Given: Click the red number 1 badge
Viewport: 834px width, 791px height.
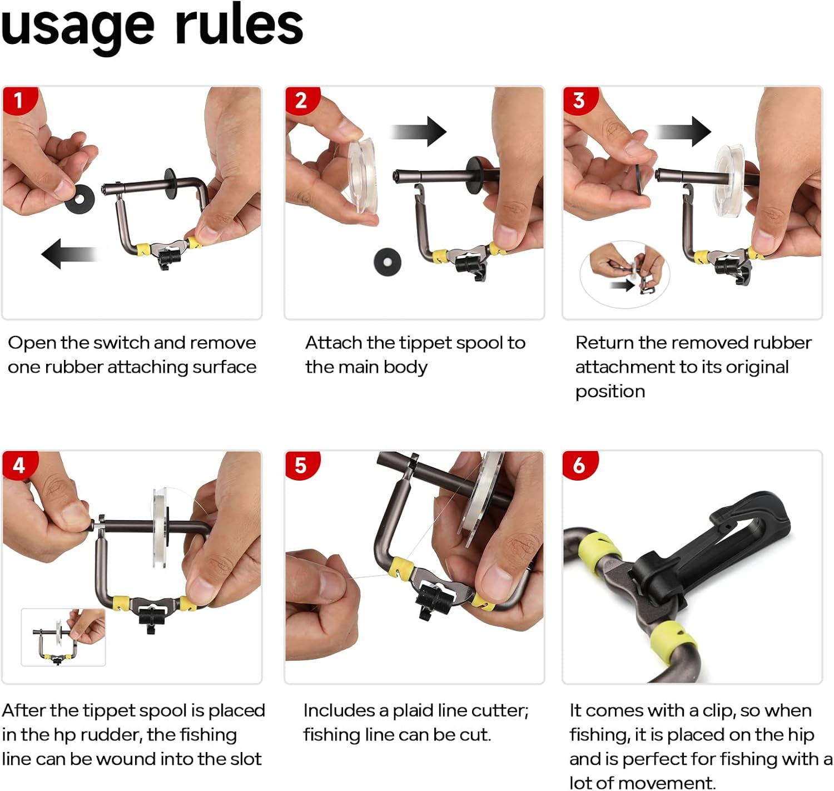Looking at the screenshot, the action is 19,100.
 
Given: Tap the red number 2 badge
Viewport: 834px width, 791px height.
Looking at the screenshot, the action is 301,100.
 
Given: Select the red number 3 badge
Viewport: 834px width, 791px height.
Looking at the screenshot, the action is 580,100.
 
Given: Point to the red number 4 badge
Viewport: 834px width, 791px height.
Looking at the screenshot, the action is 19,465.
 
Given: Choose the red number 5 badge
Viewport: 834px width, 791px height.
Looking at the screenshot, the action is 301,465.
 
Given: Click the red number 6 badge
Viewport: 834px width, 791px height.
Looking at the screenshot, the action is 580,465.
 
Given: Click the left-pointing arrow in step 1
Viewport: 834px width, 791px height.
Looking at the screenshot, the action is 70,254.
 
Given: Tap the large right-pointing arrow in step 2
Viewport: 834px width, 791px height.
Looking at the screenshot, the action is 418,131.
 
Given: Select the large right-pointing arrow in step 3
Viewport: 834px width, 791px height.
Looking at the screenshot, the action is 682,131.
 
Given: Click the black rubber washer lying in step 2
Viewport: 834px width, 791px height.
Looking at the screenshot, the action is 388,263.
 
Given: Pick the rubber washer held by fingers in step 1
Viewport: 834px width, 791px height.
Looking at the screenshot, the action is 80,199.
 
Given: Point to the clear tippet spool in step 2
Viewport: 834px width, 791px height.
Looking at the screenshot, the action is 363,175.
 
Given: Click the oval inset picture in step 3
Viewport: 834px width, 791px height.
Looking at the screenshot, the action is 625,274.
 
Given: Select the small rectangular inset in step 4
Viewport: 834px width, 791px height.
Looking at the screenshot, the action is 63,637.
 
